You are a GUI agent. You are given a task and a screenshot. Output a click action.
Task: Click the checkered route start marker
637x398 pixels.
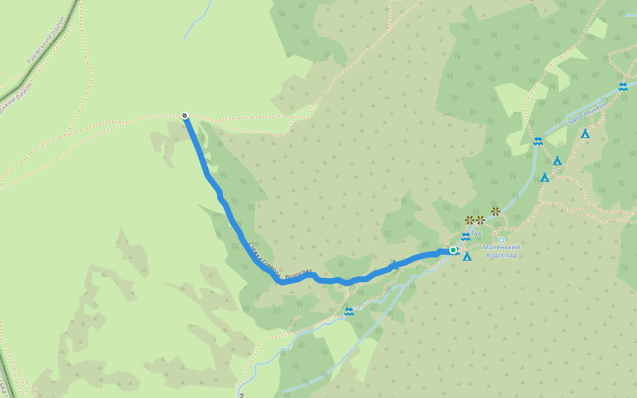(184, 116)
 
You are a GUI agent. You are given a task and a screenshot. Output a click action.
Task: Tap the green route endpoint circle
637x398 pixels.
(453, 250)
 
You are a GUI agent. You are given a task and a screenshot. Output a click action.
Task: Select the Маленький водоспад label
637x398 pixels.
(501, 251)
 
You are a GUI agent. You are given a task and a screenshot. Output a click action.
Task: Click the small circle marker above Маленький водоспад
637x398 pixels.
(502, 240)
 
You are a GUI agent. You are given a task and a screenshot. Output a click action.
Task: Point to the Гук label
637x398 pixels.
(477, 233)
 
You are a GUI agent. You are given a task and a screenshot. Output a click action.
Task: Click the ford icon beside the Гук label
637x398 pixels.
(466, 236)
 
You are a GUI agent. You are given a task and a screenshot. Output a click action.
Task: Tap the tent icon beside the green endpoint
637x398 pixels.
(467, 257)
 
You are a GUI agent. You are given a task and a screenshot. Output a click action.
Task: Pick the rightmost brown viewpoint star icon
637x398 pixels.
(496, 211)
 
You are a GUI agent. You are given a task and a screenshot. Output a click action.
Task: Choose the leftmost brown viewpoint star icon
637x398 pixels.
(470, 220)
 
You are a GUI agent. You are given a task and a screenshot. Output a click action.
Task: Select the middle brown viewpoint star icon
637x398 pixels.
(480, 220)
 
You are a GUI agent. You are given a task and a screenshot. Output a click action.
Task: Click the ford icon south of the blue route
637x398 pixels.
(349, 311)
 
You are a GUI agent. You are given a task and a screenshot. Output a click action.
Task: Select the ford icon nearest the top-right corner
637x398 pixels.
(622, 86)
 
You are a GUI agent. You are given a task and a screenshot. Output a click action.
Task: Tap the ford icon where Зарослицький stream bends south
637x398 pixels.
(538, 141)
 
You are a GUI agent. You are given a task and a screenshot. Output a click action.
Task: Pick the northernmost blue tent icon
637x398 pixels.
(585, 134)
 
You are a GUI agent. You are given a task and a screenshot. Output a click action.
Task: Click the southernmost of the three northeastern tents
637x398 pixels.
(545, 177)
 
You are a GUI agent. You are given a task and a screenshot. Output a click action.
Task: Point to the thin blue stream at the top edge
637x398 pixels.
(196, 23)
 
